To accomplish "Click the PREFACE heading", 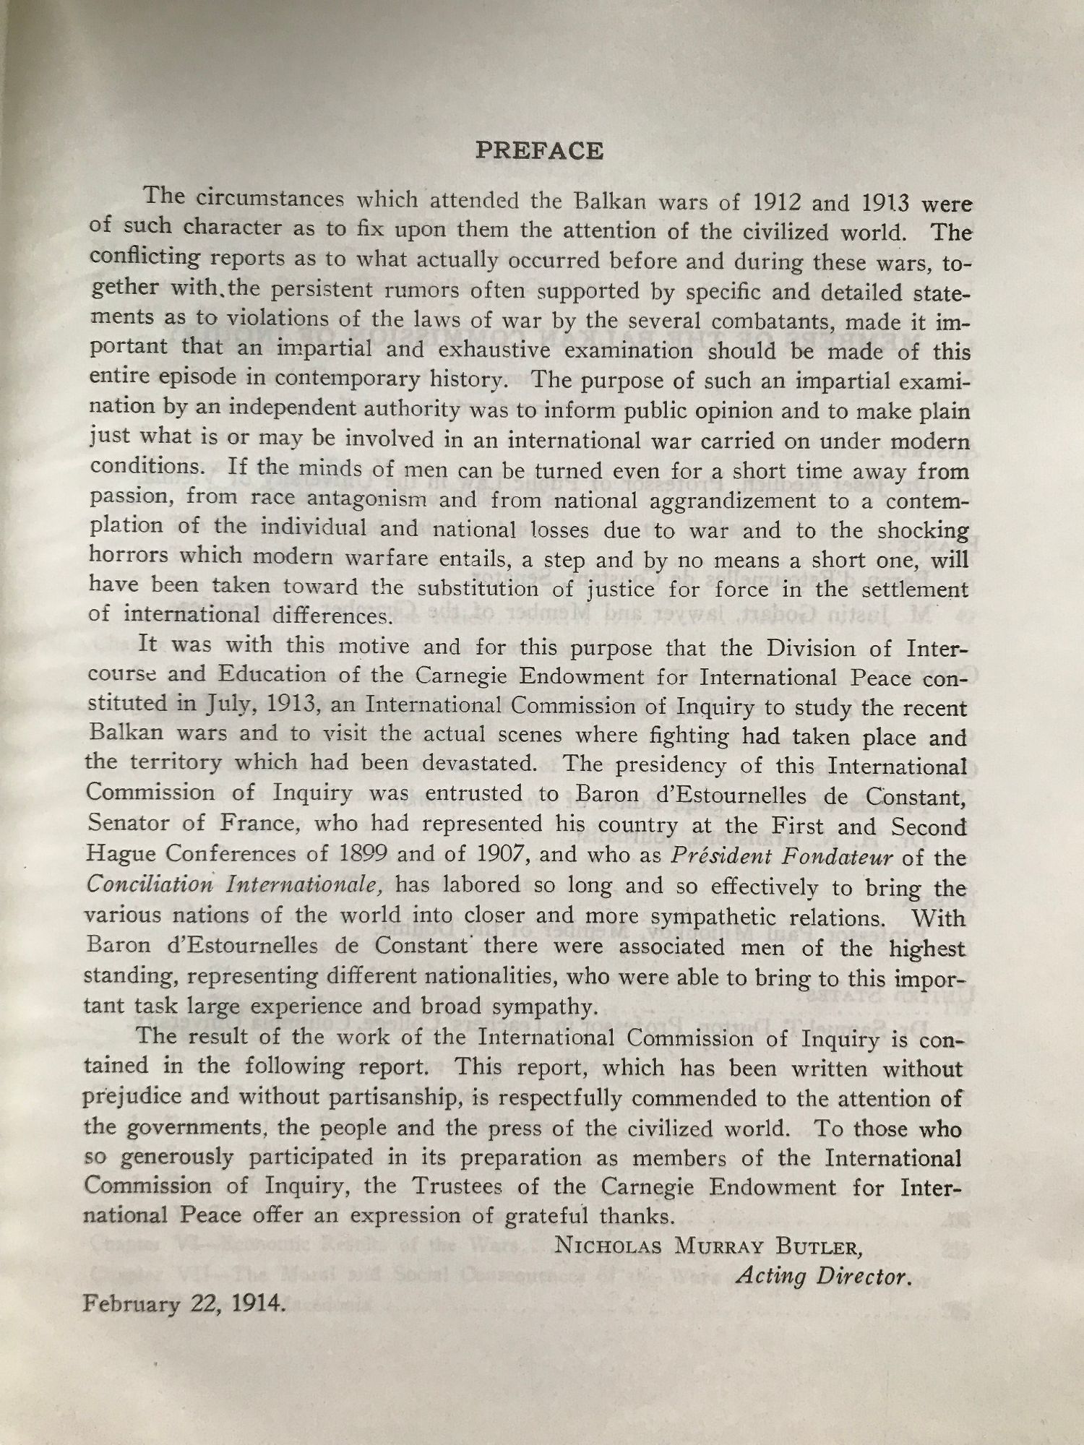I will tap(539, 151).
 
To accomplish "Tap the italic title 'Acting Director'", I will tap(822, 1277).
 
